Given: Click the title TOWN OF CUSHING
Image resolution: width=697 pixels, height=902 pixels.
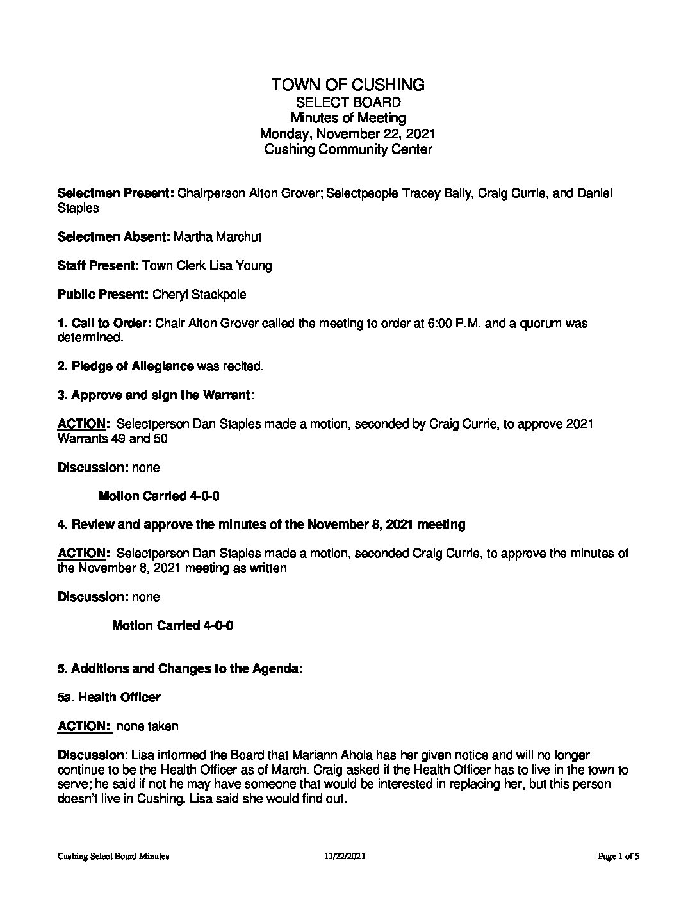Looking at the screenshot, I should coord(348,85).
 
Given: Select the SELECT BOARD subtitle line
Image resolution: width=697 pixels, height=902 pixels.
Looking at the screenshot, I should coord(348,102).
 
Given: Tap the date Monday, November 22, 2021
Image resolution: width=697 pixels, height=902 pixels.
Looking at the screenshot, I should coord(348,134).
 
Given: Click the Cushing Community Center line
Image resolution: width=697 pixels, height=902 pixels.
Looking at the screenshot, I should coord(348,150).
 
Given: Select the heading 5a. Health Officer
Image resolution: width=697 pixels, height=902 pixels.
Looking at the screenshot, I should coord(109,697).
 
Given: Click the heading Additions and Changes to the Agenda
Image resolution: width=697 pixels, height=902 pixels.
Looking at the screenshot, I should coord(186,668).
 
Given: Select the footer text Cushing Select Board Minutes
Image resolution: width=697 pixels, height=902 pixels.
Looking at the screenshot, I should coord(113,856).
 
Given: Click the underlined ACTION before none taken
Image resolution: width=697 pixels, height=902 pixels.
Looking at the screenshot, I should coord(83,726).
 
